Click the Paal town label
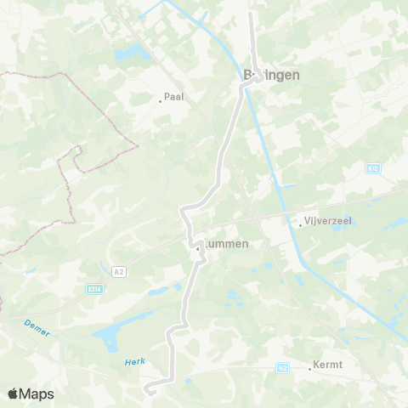174,97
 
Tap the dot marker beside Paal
160,102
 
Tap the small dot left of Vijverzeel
301,226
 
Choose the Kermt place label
328,365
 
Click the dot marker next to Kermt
310,369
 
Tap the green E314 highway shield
94,289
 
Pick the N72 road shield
372,169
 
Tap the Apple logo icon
13,394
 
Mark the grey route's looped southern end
150,389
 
